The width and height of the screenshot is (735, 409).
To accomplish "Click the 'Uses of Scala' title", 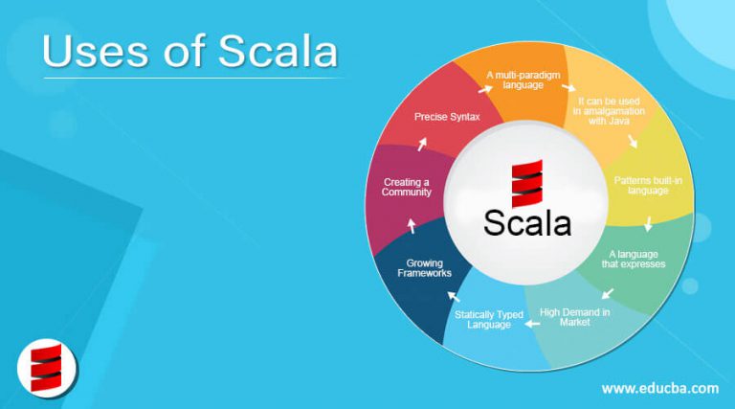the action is click(x=189, y=51).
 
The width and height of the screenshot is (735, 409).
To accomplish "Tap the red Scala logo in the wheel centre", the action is click(x=527, y=183).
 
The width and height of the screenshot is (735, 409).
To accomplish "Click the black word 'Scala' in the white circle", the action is click(x=527, y=223).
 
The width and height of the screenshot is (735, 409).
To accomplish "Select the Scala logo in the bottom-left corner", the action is click(x=46, y=368).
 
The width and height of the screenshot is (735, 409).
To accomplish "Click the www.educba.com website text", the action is click(x=660, y=388).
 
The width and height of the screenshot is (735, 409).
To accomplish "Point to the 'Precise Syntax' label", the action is click(x=447, y=117).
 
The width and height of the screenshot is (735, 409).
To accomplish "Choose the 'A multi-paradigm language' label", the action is click(x=523, y=80).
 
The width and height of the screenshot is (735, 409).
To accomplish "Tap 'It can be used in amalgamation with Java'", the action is click(x=609, y=111).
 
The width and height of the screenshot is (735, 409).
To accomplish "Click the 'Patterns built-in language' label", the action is click(x=648, y=185).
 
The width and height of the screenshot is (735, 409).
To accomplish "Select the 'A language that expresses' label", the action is click(x=634, y=259).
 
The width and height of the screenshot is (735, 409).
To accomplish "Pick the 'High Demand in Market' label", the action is click(x=574, y=317).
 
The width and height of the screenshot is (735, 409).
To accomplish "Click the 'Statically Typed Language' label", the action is click(x=488, y=319).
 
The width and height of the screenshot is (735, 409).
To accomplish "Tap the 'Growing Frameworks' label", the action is click(x=424, y=268).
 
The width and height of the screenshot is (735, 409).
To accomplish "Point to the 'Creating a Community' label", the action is click(x=407, y=187).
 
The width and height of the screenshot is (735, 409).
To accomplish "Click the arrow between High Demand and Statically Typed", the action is click(x=532, y=324).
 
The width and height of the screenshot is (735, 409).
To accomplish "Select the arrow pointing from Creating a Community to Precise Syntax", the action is click(x=422, y=144).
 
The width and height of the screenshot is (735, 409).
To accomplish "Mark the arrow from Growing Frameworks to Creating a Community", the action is click(x=412, y=226).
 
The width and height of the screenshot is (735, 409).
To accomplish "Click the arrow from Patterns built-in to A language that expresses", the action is click(x=648, y=224).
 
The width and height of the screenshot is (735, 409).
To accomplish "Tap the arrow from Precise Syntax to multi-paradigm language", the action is click(x=485, y=89).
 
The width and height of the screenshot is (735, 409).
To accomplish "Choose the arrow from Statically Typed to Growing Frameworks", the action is click(x=454, y=296).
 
